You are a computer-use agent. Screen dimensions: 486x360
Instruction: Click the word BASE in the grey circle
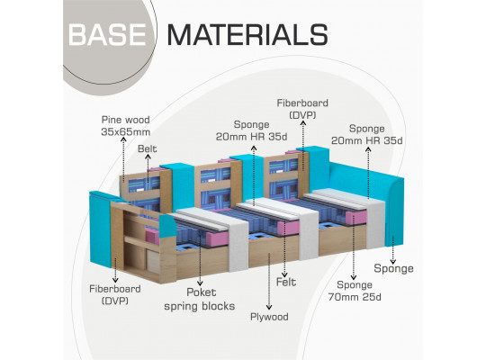point(107,34)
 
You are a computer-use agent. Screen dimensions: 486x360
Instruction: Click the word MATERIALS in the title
point(247,34)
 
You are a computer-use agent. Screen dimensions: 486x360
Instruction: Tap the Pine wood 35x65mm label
point(125,126)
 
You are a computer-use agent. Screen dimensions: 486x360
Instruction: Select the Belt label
point(148,148)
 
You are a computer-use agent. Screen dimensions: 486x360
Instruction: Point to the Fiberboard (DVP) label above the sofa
point(302,109)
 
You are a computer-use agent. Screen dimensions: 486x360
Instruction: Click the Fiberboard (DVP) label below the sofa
point(115,294)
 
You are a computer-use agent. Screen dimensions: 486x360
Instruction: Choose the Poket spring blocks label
point(200,299)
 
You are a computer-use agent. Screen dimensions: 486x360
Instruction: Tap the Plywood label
point(269,317)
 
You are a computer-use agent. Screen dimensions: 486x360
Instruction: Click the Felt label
point(286,282)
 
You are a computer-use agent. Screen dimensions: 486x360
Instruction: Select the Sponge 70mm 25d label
point(355,291)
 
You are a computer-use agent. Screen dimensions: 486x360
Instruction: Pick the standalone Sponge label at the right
point(393,268)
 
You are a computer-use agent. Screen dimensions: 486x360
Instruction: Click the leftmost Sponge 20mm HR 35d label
point(252,130)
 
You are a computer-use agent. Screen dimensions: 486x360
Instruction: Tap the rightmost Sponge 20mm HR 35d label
point(367,135)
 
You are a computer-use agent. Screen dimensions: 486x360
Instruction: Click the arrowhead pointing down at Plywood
point(269,307)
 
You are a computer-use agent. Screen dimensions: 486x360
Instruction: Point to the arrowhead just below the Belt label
point(148,157)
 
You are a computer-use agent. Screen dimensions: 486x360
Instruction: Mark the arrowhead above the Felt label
point(284,274)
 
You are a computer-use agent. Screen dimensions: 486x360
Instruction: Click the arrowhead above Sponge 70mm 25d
point(353,277)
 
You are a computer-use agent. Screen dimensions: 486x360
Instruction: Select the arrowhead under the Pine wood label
point(123,139)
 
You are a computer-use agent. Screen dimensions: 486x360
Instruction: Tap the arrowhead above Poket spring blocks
point(200,283)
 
